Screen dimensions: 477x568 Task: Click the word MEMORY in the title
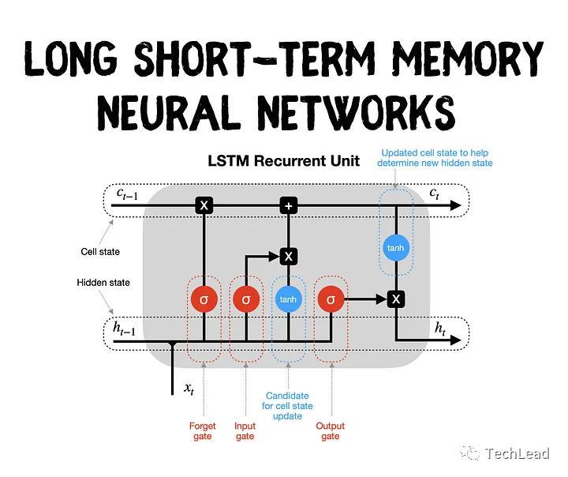[463, 58]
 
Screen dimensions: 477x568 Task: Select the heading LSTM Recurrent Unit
[283, 161]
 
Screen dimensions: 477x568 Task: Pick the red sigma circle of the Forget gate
[204, 299]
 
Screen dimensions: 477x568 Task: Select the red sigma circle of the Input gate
[246, 299]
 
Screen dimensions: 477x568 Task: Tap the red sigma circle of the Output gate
[330, 299]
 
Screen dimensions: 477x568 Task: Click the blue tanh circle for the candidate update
[288, 299]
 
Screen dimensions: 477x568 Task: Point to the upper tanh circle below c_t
[395, 248]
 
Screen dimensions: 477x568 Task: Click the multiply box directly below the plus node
[289, 256]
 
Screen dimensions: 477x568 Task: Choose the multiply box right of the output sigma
[396, 299]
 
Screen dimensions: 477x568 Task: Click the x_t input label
[189, 388]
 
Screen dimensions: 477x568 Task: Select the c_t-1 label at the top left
[129, 194]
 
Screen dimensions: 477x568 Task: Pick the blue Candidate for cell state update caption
[287, 406]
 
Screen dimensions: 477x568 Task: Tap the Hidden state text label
[103, 282]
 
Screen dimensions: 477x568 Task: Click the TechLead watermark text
[521, 453]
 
